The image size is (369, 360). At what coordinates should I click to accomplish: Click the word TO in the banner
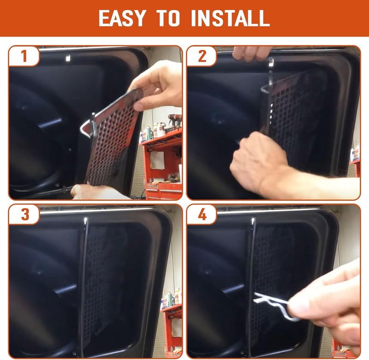[x=168, y=18]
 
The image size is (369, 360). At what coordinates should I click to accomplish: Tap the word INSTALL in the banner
[x=230, y=18]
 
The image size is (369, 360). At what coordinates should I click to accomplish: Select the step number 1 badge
[x=24, y=56]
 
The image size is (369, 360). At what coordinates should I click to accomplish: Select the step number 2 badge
[x=202, y=56]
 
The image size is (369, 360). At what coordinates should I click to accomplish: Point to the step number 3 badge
[x=24, y=214]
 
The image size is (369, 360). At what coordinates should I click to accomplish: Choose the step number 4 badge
[x=202, y=214]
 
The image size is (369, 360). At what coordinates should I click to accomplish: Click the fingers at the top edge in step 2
[x=250, y=53]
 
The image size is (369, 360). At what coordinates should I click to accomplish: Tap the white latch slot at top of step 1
[x=68, y=58]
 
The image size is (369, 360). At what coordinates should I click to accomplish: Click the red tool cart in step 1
[x=162, y=165]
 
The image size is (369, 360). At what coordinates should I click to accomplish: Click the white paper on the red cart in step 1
[x=157, y=160]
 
